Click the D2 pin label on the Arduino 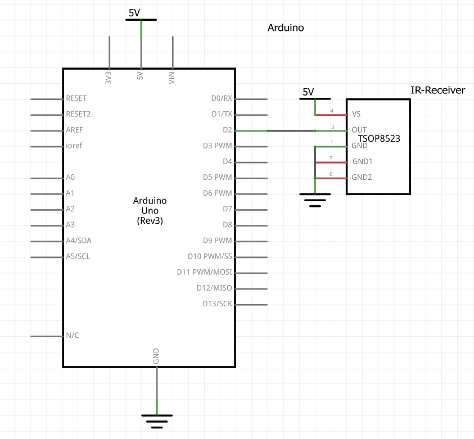[x=227, y=130]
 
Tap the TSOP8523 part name [x=379, y=137]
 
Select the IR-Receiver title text [x=438, y=89]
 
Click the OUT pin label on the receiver [x=359, y=130]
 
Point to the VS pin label [x=356, y=114]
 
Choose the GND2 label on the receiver [x=362, y=177]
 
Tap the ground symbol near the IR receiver [x=315, y=199]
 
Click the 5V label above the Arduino [x=135, y=12]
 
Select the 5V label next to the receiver [x=308, y=92]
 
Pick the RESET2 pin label [x=78, y=114]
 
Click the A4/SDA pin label [x=79, y=241]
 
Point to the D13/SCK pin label [x=217, y=304]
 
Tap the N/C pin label [x=73, y=336]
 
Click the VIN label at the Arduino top [x=172, y=78]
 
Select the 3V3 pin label [x=109, y=78]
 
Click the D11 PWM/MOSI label [x=204, y=273]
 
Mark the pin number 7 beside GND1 [x=331, y=159]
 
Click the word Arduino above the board [x=286, y=28]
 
